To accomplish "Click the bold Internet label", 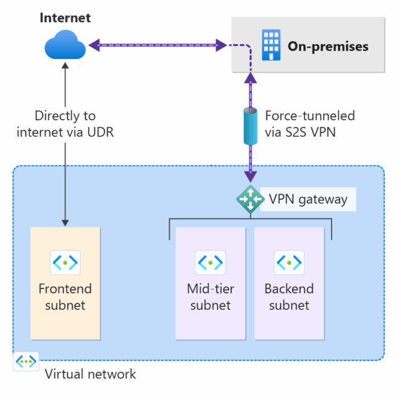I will [65, 17].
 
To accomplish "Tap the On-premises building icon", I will [271, 46].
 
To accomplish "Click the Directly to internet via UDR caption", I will [65, 124].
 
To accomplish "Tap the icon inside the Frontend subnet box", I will [65, 262].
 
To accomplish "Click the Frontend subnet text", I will [65, 297].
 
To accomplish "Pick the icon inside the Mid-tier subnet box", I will [210, 262].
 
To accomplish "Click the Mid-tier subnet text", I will [210, 297].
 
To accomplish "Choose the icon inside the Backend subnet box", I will [289, 262].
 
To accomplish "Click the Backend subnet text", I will [289, 297].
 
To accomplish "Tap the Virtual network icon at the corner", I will [26, 362].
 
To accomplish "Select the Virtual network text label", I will [90, 374].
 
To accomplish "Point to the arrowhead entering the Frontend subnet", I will [65, 223].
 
